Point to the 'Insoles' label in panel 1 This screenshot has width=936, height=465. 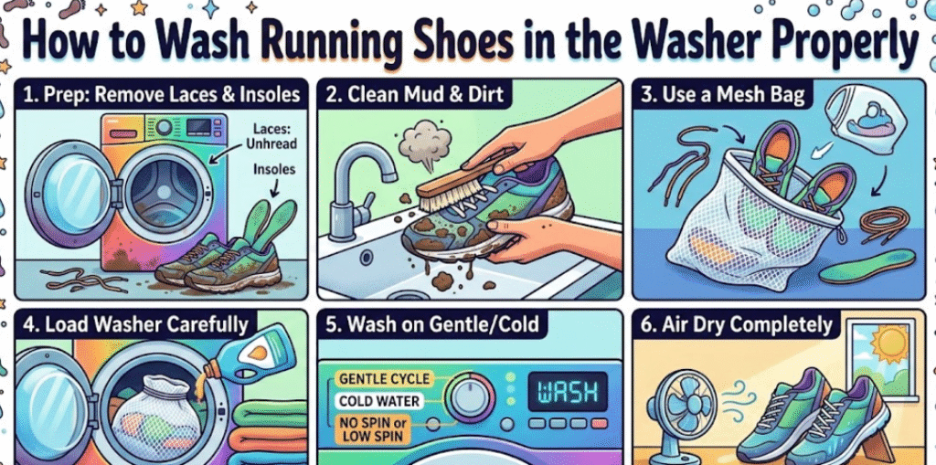pos(273,169)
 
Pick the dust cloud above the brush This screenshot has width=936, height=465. pos(424,140)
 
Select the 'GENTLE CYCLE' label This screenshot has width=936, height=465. pos(383,378)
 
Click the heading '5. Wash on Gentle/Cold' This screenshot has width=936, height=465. pos(432,324)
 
